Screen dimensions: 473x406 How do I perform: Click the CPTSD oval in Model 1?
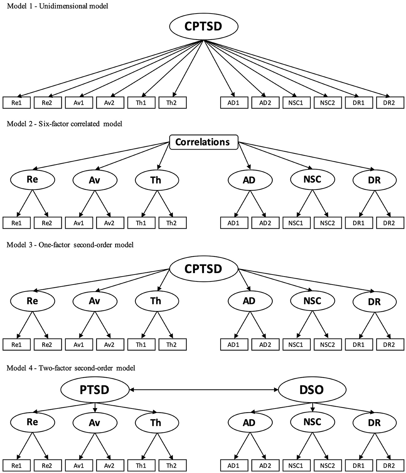203,27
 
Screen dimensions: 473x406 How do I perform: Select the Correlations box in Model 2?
203,142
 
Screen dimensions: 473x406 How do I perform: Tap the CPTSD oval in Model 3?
203,269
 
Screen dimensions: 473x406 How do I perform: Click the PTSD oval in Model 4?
94,390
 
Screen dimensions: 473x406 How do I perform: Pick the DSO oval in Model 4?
312,390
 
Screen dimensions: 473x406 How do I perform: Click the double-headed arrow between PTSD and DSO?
203,390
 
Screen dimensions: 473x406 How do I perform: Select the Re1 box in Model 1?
17,103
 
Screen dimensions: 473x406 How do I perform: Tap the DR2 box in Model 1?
390,103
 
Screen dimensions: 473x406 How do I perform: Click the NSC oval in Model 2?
312,179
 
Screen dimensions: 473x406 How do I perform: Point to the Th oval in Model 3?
156,301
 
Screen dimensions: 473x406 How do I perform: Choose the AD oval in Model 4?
249,423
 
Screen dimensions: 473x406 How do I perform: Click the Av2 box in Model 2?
109,223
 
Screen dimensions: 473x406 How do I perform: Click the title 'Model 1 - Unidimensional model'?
57,6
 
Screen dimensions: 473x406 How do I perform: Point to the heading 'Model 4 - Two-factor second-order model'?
71,368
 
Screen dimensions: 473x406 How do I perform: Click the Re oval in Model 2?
32,179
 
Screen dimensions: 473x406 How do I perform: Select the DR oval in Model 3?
374,302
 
